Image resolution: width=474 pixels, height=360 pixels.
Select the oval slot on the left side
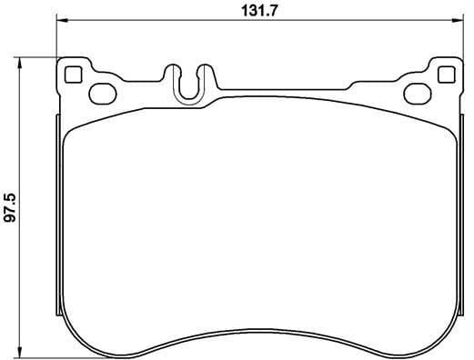tap(101, 91)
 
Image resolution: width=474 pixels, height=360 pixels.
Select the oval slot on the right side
tap(418, 91)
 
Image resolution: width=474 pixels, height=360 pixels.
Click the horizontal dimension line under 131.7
tap(182, 24)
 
